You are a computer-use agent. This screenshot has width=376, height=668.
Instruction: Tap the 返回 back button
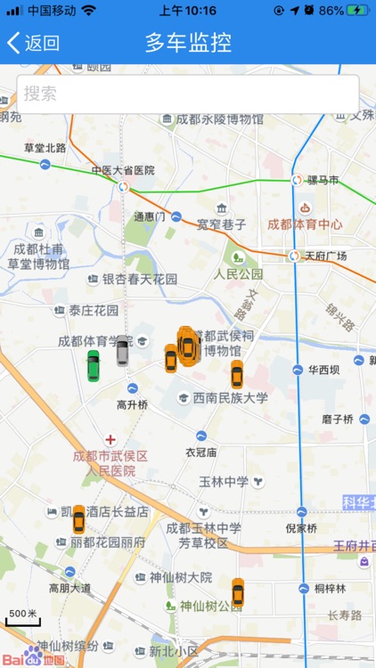coord(33,43)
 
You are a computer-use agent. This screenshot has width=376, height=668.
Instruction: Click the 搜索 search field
coord(187,94)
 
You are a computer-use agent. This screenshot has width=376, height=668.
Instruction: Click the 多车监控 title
coord(188,43)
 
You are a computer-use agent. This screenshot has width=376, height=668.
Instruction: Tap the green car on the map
coord(93,365)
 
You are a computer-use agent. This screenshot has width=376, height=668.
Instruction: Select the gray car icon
coord(122,350)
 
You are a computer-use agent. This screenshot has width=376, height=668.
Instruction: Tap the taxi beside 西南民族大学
coord(236,374)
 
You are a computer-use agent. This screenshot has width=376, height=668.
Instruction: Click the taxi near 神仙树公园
coord(237,592)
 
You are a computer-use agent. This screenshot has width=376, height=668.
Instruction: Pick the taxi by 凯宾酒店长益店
coord(78,519)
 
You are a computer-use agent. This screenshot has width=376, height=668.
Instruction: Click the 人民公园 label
coord(238,274)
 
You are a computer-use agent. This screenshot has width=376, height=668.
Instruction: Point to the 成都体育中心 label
coord(305,224)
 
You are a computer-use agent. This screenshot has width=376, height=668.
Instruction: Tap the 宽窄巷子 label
coord(221,224)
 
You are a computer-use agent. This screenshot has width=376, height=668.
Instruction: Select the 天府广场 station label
coord(325,257)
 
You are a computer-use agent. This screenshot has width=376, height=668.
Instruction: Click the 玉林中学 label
coord(224,482)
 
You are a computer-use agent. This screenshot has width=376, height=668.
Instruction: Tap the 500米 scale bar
coord(22,615)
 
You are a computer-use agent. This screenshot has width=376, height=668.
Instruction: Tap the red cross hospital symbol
coord(110,440)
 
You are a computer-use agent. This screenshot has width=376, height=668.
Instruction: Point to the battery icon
coord(357,11)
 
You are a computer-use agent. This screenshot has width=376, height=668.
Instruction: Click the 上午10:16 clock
coord(187,11)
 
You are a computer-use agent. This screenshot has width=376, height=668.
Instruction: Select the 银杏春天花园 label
coord(140,280)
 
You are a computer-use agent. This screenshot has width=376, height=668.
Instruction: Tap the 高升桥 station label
coord(132,404)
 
